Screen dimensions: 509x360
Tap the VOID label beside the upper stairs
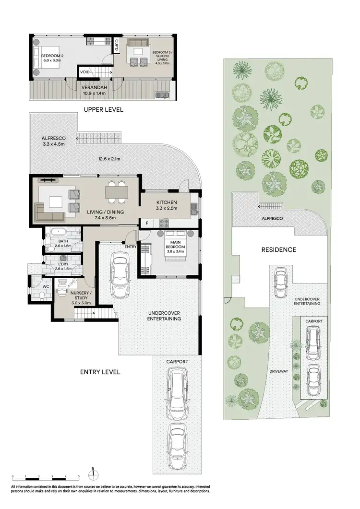(x=84, y=72)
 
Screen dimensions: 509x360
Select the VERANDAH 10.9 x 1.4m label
(x=100, y=90)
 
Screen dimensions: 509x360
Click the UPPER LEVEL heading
(x=103, y=110)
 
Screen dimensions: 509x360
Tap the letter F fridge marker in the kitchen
(x=147, y=223)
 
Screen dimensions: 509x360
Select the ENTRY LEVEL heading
(x=100, y=372)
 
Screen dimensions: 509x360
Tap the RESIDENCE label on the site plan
(x=278, y=249)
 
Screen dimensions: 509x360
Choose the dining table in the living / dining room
(x=118, y=192)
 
